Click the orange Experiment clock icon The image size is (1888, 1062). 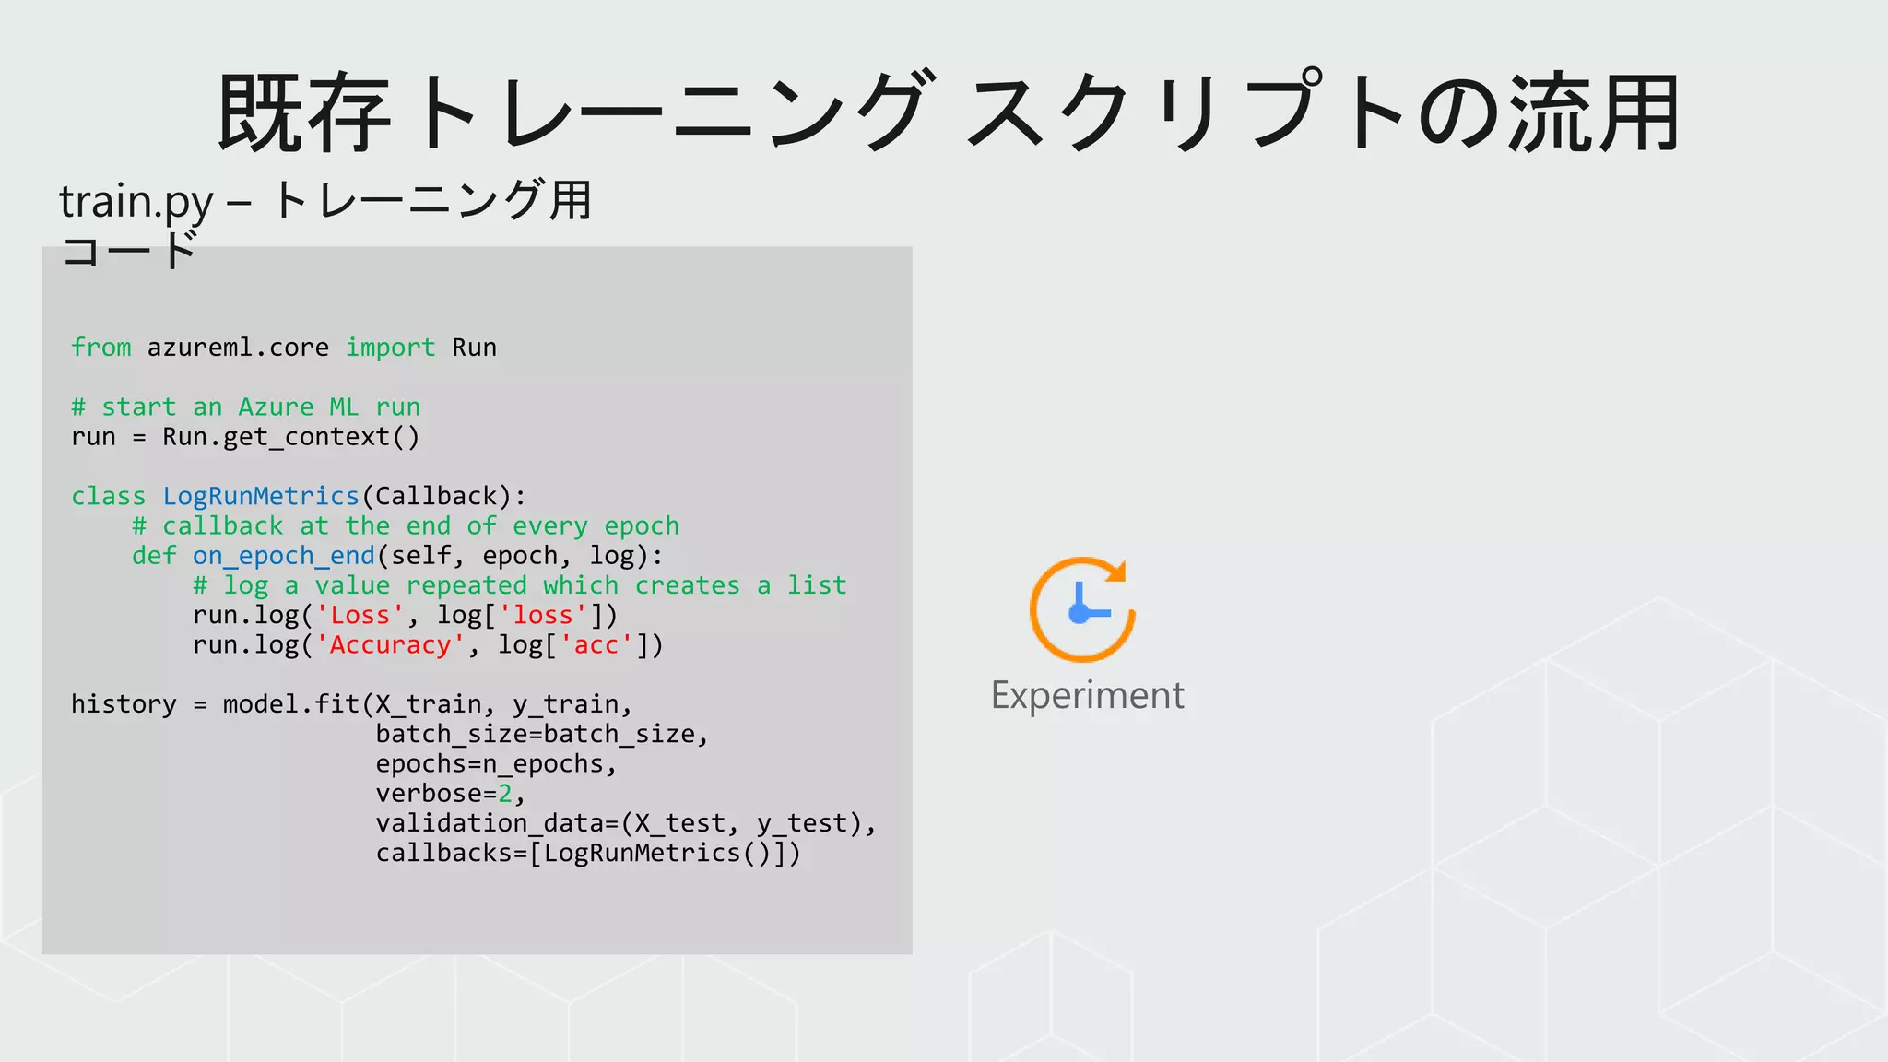point(1081,609)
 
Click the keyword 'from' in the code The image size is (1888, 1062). point(100,348)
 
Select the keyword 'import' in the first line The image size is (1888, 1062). point(390,348)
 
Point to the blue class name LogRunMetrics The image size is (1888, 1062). point(261,496)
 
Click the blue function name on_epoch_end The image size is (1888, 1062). point(284,556)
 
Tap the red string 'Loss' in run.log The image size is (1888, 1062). point(360,615)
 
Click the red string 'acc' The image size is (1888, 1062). point(596,645)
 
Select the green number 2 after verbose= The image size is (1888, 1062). point(505,794)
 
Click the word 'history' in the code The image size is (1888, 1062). point(124,704)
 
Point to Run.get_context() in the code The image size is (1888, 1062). point(290,437)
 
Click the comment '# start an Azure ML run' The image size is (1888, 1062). point(245,407)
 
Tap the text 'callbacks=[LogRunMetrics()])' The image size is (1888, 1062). point(588,853)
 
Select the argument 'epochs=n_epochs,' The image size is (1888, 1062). point(496,764)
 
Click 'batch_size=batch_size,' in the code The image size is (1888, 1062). point(542,735)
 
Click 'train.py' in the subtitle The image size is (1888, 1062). point(136,201)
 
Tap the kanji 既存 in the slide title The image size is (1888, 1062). point(304,113)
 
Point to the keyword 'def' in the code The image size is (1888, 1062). point(154,556)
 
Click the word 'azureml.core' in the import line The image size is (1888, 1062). point(238,348)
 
